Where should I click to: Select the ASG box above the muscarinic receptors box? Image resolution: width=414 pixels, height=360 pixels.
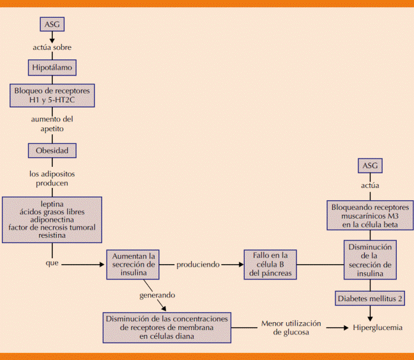[370, 166]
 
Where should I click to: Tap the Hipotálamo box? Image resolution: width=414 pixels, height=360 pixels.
[52, 67]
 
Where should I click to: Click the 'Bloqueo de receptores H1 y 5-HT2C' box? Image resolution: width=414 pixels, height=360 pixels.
[52, 95]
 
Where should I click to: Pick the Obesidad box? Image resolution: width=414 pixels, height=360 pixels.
[52, 151]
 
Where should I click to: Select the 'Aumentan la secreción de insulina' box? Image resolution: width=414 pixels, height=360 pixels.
[133, 263]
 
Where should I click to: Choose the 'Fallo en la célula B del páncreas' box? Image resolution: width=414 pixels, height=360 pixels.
[270, 263]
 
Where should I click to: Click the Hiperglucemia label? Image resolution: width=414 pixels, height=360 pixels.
[378, 327]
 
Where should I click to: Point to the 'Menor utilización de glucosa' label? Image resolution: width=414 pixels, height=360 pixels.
[291, 327]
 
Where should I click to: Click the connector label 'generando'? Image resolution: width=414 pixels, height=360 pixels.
[158, 295]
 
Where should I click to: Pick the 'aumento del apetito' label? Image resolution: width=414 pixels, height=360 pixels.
[52, 123]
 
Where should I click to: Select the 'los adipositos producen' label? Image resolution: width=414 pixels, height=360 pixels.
[52, 178]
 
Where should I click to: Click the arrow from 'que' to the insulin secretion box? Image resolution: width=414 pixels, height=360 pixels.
[83, 263]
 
